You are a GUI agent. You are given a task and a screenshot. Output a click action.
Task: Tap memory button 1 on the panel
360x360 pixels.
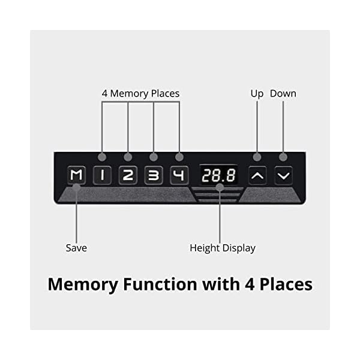click(x=103, y=176)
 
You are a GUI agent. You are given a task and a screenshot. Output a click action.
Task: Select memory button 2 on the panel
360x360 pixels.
click(x=128, y=176)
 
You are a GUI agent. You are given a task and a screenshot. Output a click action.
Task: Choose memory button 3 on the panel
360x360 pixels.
click(x=154, y=176)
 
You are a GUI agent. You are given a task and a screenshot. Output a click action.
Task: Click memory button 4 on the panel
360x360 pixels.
click(x=179, y=176)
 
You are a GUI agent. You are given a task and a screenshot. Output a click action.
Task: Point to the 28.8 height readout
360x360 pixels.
click(x=218, y=176)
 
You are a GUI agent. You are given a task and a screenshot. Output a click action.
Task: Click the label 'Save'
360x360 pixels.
click(x=76, y=248)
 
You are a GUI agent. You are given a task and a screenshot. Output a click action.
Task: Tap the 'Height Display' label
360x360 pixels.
click(x=223, y=248)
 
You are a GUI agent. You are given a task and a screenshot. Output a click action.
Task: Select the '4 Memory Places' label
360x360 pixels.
click(x=140, y=94)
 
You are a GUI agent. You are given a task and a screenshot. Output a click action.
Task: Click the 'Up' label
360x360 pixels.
click(x=257, y=94)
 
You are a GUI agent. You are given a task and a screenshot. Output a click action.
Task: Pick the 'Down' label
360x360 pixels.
click(x=283, y=94)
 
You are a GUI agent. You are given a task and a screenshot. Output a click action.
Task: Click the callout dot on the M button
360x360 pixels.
click(x=76, y=188)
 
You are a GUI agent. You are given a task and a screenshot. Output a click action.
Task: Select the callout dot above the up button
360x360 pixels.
click(x=257, y=157)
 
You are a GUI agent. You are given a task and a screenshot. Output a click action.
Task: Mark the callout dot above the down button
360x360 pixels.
click(x=283, y=157)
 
